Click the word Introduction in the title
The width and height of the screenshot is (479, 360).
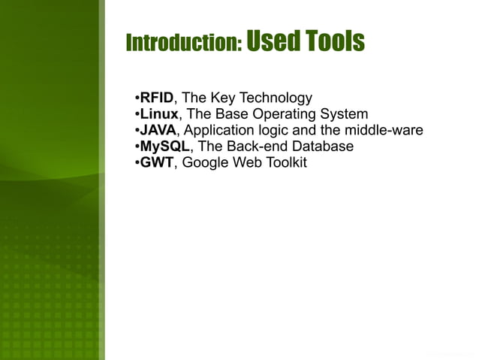point(183,43)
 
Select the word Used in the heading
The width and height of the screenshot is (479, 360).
point(271,41)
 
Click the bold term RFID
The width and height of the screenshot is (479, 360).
point(157,98)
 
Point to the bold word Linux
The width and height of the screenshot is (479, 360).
point(159,114)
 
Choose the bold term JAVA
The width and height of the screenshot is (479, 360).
point(158,131)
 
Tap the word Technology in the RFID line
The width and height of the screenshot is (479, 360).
point(277,98)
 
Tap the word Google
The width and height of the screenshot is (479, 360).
point(207,163)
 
